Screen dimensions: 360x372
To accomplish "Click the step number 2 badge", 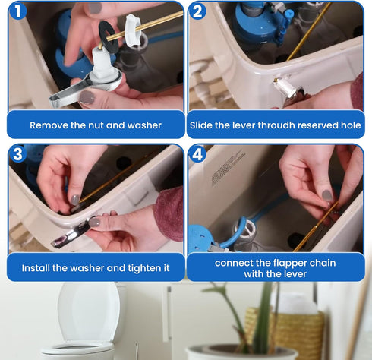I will coord(199,12).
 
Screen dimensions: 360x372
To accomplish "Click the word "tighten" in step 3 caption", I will coord(143,267).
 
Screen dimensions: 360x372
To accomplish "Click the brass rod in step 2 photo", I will coord(311,30).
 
